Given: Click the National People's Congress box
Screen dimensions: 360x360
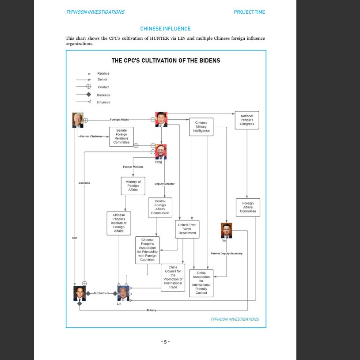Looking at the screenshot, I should [247, 120].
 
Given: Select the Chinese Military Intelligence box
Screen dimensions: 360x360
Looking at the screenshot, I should [201, 127].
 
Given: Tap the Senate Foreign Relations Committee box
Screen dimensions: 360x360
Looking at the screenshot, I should [121, 136].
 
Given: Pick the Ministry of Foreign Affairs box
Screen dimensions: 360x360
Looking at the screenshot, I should [133, 186].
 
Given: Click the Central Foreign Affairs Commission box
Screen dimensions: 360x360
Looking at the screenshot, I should [160, 207].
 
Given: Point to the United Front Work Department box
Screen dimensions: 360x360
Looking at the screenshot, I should [187, 229].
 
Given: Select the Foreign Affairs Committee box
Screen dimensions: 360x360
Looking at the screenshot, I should [248, 207].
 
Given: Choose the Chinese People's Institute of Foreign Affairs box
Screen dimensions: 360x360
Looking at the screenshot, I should [119, 223].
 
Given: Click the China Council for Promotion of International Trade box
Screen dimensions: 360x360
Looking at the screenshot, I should [173, 277].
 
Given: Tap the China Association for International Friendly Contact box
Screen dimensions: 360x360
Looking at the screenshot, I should [201, 283].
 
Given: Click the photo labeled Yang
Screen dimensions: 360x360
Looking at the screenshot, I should [160, 152].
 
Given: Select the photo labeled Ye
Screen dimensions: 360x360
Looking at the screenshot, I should [226, 230].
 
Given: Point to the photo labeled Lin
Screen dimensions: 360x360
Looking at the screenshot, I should [123, 293].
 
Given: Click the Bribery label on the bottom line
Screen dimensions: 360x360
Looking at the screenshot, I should [151, 311].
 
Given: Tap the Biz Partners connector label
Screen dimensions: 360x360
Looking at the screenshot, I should [102, 293].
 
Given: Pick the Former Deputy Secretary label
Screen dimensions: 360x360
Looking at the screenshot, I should [227, 254].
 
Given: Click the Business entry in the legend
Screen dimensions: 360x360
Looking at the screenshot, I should [103, 95].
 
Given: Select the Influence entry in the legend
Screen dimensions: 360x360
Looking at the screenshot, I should [103, 102].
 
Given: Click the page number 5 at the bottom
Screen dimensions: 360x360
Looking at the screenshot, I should [166, 341].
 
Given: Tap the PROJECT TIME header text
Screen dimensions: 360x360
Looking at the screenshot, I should [249, 12].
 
